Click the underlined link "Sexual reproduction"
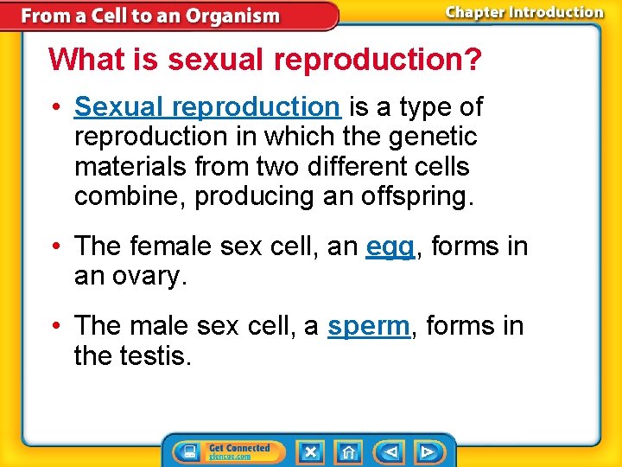point(206,107)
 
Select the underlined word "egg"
point(390,247)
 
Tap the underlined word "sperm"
point(368,327)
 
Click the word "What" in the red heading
point(80,60)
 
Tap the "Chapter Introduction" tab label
point(524,12)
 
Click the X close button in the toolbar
point(310,452)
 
